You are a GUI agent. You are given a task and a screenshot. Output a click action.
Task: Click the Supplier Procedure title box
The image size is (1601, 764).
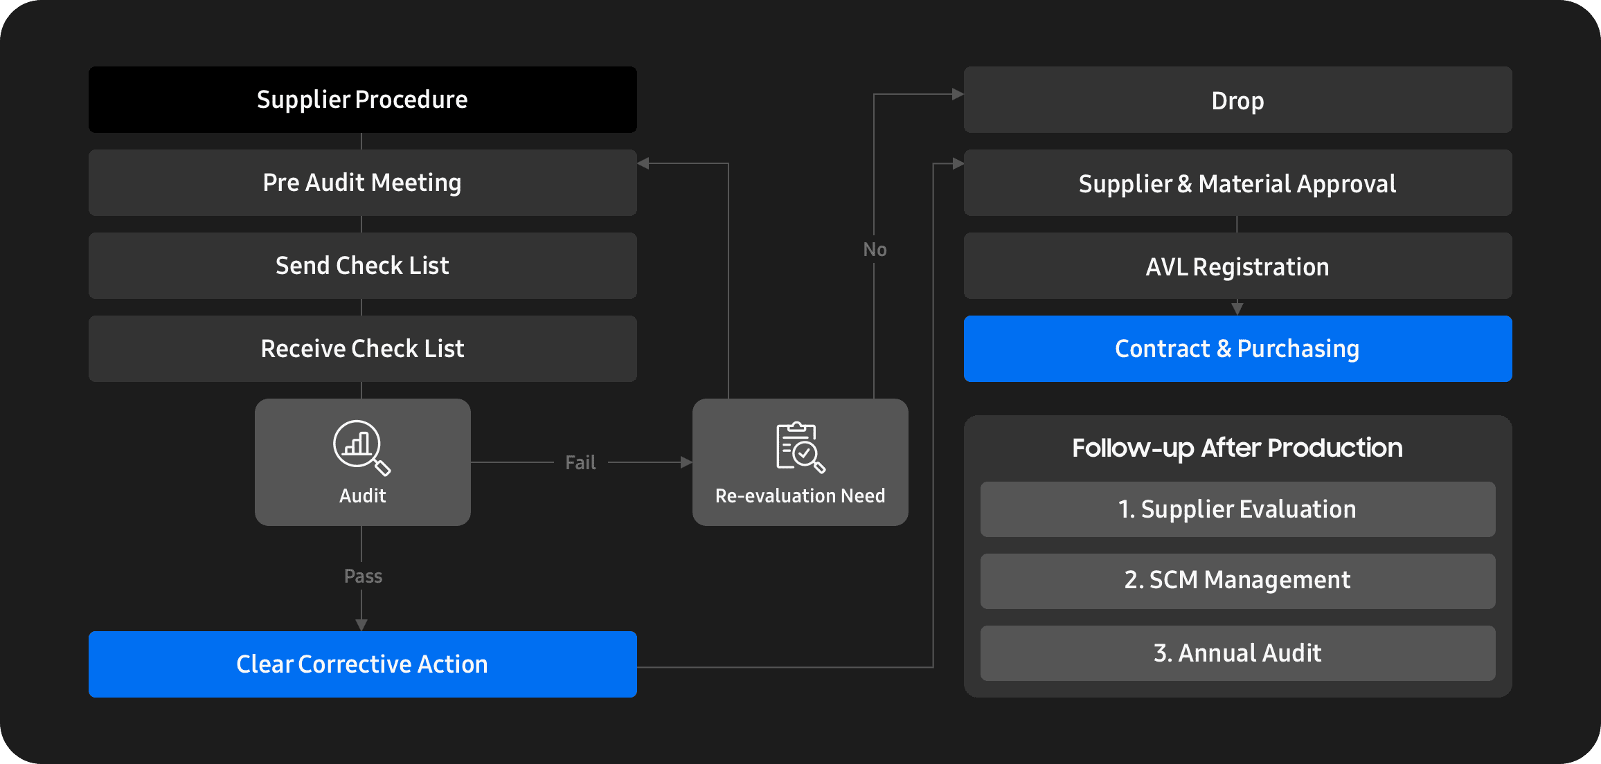(363, 100)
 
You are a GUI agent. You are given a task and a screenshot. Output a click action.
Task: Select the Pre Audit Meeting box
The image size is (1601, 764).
(363, 183)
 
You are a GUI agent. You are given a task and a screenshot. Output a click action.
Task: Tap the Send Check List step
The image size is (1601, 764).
(363, 266)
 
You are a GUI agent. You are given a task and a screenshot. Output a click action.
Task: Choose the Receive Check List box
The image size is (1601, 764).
(363, 349)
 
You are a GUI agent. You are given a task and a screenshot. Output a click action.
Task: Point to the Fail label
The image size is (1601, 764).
(580, 462)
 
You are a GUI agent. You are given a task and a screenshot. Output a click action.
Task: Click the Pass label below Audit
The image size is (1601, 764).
(363, 576)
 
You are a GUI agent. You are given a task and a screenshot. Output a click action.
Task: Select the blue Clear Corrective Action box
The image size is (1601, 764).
(363, 664)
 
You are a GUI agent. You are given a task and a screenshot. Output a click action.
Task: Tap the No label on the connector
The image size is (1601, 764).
(875, 249)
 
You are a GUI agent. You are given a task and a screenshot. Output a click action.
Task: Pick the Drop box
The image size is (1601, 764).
(1238, 100)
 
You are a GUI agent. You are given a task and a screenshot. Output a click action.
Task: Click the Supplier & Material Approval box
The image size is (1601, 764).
(1238, 183)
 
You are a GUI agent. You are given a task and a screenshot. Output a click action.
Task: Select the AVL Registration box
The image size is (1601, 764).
(1238, 266)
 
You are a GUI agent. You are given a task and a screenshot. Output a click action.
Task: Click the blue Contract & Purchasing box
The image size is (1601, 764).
(1238, 349)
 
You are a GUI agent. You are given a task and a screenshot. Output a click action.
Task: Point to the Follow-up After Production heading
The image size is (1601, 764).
(1237, 448)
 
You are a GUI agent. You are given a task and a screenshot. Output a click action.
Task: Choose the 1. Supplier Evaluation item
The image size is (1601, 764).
(1238, 509)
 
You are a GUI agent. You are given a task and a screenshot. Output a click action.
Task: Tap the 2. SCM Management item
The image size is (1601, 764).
(1238, 581)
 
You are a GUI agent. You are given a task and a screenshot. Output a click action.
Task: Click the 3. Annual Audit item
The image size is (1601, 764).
(1238, 653)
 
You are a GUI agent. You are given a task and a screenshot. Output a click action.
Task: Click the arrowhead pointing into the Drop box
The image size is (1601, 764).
(958, 94)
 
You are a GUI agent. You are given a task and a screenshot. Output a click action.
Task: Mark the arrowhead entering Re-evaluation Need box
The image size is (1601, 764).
(687, 462)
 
